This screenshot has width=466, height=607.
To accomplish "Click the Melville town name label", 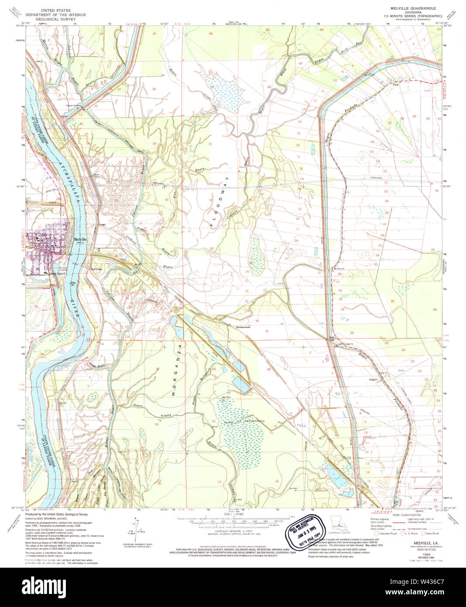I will click(80, 239).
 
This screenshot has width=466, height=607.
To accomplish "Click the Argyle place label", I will click(373, 379).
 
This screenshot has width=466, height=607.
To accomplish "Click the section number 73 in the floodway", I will click(210, 144).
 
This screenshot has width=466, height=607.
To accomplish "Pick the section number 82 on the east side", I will click(392, 301).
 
